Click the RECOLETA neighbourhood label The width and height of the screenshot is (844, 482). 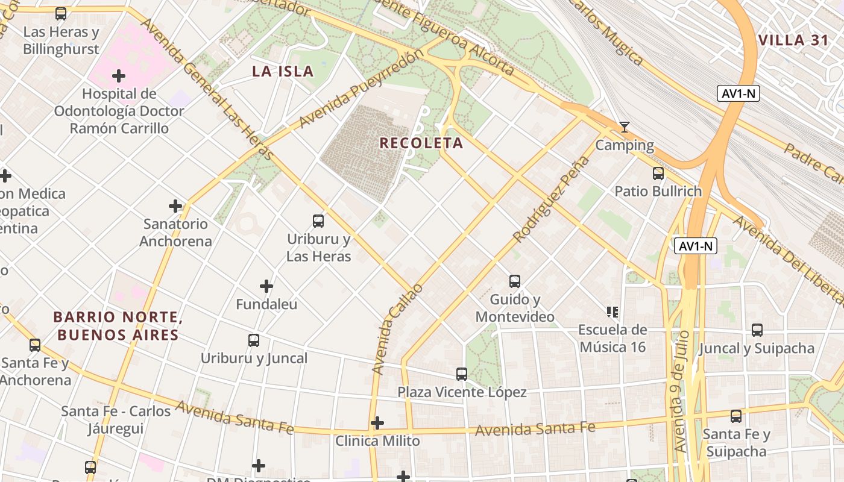coord(421,143)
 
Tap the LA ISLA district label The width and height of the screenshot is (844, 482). coord(283,72)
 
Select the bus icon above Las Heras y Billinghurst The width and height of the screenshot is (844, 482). coord(61,14)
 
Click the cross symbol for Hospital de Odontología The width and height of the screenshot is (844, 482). coord(119,76)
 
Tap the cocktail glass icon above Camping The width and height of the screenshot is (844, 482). coord(625,127)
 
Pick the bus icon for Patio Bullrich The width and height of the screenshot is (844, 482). coord(658,174)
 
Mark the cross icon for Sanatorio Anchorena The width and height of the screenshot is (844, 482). coord(175,206)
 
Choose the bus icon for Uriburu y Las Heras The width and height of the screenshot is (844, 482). coord(318,221)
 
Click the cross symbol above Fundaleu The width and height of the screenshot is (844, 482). coord(266,286)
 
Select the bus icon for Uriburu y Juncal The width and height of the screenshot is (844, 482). coord(254,340)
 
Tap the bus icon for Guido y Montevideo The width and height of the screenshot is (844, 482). coord(515,281)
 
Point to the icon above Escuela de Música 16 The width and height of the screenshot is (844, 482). coord(613,312)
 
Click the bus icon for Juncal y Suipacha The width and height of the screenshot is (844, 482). coord(757,330)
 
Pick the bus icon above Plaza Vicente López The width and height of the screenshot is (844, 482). coord(462,374)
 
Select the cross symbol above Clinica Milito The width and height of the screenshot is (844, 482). coord(377,423)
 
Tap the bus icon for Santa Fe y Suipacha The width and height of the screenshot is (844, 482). coord(736,416)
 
